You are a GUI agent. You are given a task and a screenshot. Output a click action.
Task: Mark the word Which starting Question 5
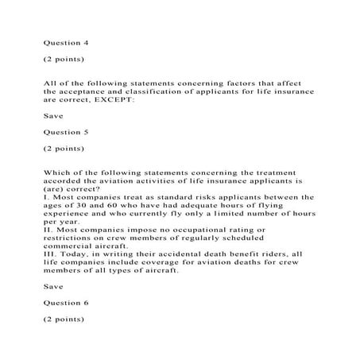tap(57, 172)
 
